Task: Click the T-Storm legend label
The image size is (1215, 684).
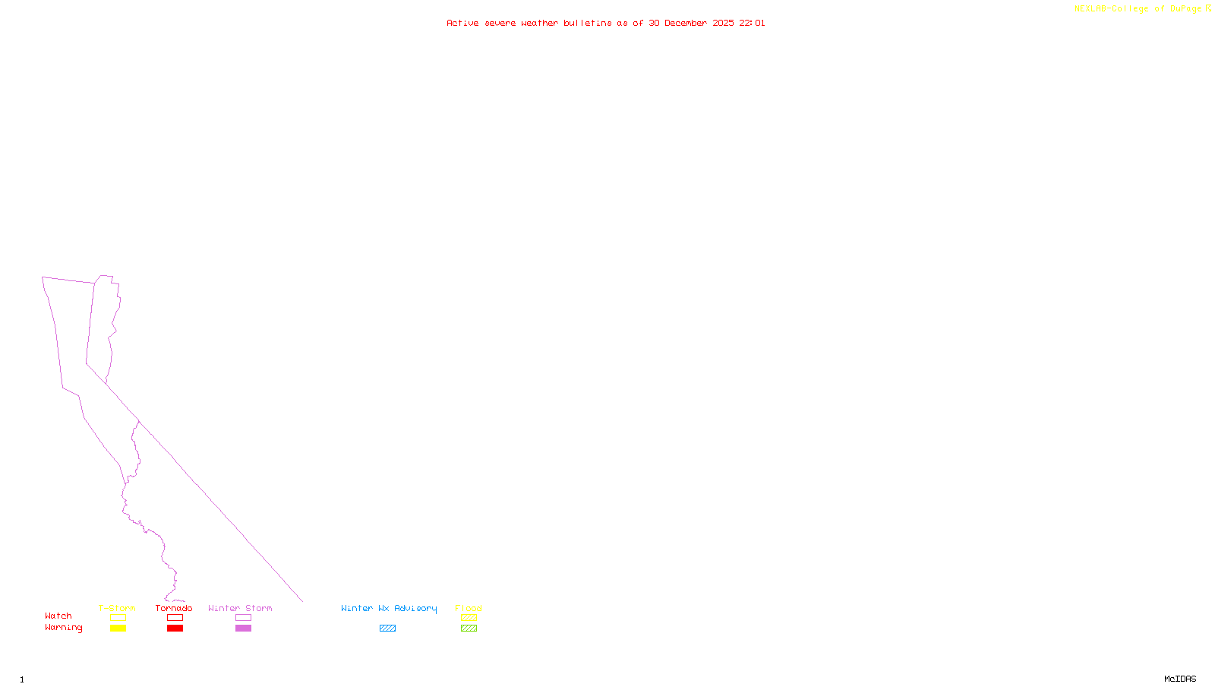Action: coord(117,608)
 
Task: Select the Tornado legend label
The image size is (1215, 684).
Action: coord(174,608)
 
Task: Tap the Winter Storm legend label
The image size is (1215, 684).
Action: coord(240,608)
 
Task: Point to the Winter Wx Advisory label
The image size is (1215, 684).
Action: coord(389,608)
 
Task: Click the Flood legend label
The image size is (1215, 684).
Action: coord(469,608)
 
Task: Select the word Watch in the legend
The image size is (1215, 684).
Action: coord(58,616)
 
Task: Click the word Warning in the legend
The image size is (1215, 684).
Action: coord(63,628)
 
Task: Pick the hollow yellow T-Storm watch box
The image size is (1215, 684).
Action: coord(118,618)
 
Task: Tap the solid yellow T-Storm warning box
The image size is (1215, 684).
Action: coord(118,629)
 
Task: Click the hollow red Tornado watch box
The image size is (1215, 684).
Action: coord(175,618)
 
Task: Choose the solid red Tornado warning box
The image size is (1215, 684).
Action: coord(175,629)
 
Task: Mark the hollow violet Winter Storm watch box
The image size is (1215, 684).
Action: coord(243,618)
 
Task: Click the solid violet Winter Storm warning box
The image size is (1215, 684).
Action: coord(243,629)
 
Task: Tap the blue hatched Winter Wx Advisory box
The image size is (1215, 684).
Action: coord(387,629)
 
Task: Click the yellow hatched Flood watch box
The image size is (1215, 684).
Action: coord(469,618)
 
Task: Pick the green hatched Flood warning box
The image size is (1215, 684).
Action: coord(469,629)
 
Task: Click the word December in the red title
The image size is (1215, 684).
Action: coord(686,24)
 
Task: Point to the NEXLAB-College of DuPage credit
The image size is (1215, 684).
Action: coord(1138,9)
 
